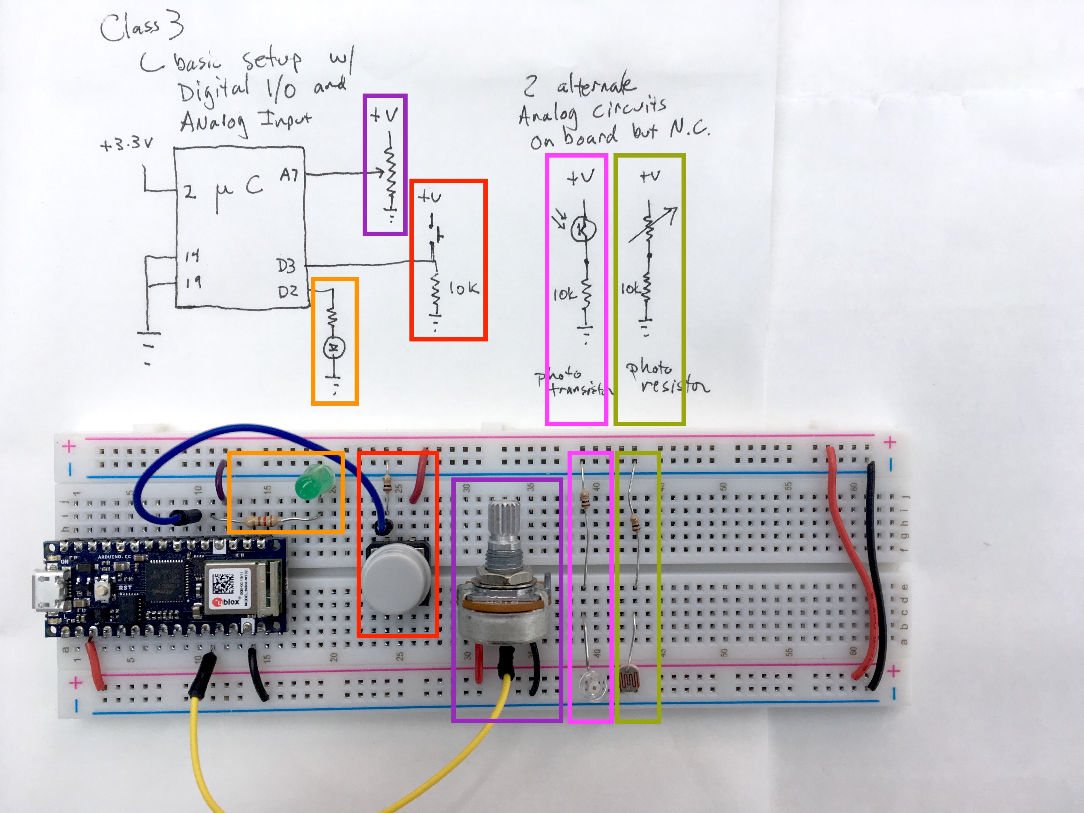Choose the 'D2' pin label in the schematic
pos(288,292)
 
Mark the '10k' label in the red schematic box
pos(463,289)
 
